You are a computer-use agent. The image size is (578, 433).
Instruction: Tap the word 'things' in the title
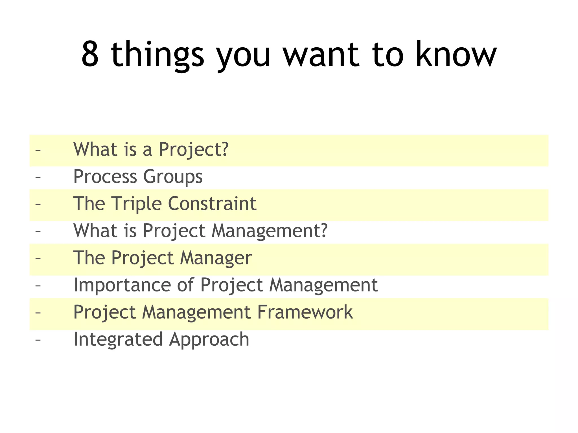coord(157,55)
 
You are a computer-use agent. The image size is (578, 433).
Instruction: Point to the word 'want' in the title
coord(321,55)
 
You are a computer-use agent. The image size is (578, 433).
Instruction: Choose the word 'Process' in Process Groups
coord(105,177)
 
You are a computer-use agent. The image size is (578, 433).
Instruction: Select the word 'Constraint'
coord(212,204)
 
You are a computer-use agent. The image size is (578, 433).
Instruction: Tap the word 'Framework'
coord(305,312)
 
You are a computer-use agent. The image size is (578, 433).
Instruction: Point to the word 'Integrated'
coord(118,340)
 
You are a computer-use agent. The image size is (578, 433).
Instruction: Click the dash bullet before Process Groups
coord(38,177)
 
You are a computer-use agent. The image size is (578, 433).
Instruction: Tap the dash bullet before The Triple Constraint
coord(38,204)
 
